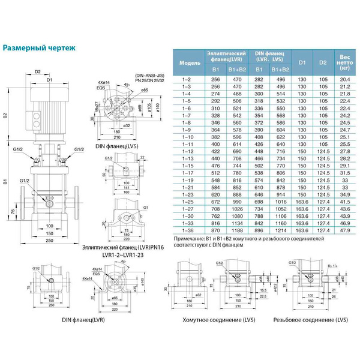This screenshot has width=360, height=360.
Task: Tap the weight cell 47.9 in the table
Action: [x=344, y=230]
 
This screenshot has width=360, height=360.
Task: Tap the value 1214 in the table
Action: [x=280, y=230]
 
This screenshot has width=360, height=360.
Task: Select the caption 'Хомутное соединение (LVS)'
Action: [x=213, y=320]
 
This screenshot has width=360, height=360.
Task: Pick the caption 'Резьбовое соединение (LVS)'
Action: [x=310, y=320]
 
